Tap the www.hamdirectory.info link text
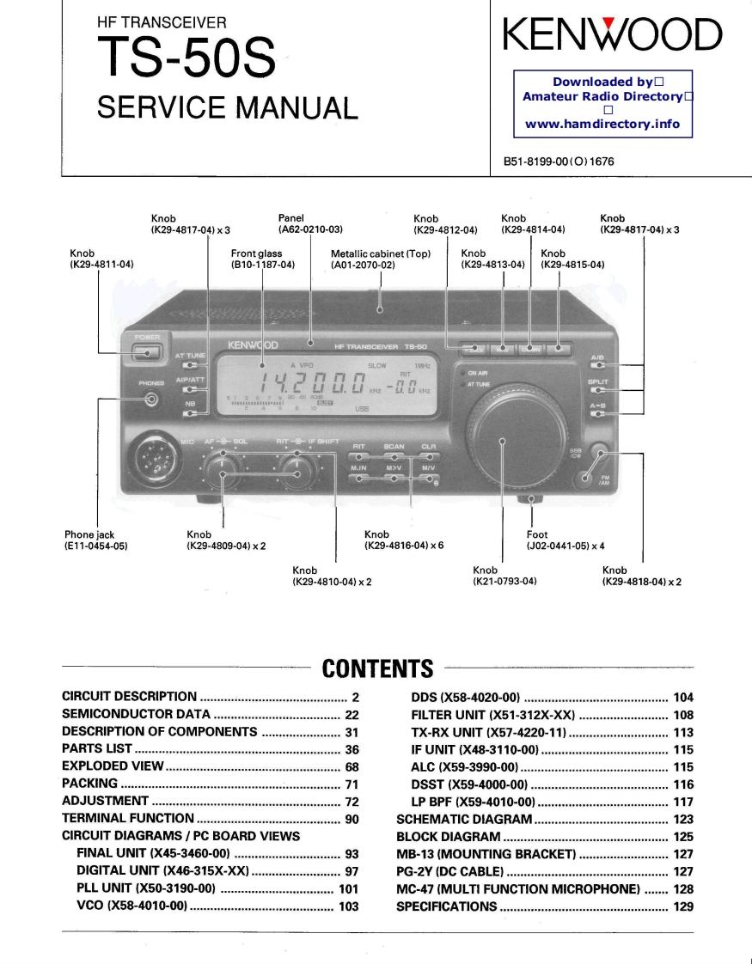602,124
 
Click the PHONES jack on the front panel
152,398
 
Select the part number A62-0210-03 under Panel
310,229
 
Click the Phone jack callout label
89,534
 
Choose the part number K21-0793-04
505,581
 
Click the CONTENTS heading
376,668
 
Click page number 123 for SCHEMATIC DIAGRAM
683,820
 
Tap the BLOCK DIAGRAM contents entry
448,836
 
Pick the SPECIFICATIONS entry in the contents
446,906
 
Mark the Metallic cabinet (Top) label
380,253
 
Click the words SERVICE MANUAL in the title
227,107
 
